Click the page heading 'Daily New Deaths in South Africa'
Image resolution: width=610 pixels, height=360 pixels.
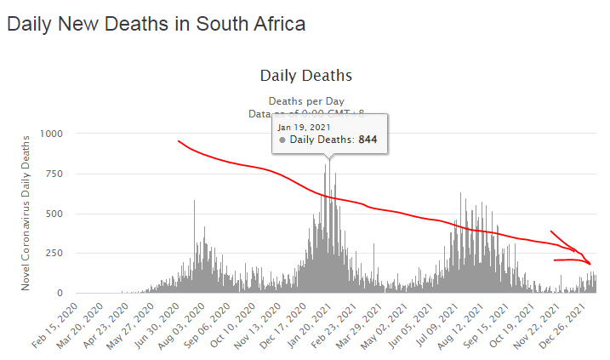156,24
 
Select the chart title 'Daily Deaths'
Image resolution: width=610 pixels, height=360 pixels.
305,76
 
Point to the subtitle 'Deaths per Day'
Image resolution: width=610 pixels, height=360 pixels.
305,100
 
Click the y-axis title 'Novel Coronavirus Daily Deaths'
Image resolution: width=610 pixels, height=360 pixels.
26,211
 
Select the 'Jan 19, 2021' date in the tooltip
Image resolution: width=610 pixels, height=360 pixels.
305,127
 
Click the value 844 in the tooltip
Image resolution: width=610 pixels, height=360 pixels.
368,140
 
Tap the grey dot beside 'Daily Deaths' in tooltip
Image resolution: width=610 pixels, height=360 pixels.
282,140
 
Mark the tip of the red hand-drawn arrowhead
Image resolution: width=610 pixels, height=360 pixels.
590,264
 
